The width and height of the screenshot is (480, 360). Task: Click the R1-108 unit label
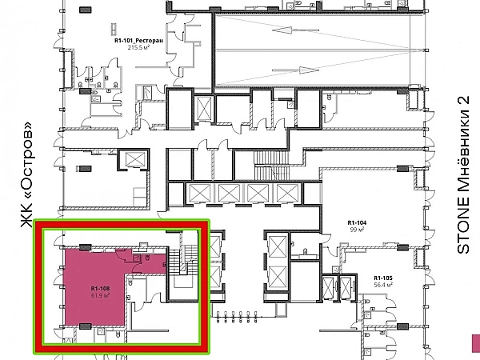pyautogui.click(x=101, y=288)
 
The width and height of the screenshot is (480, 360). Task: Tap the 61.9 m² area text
pyautogui.click(x=101, y=295)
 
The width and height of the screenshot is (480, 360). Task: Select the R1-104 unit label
pyautogui.click(x=357, y=223)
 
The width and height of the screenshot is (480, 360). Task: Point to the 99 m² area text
pyautogui.click(x=357, y=230)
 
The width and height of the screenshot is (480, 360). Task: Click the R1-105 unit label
pyautogui.click(x=383, y=278)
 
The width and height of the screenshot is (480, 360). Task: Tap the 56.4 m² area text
pyautogui.click(x=383, y=285)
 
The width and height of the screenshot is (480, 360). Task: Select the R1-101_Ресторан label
pyautogui.click(x=138, y=41)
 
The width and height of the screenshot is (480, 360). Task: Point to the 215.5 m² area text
pyautogui.click(x=138, y=47)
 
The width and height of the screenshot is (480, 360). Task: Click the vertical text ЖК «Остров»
pyautogui.click(x=26, y=174)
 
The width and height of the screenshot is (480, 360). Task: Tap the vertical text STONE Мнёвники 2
pyautogui.click(x=463, y=175)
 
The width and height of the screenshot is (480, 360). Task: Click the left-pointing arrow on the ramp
pyautogui.click(x=295, y=30)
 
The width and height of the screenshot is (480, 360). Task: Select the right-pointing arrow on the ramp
pyautogui.click(x=295, y=70)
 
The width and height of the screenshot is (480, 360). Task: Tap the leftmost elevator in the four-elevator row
pyautogui.click(x=200, y=193)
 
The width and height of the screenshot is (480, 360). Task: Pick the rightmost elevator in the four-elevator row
pyautogui.click(x=287, y=193)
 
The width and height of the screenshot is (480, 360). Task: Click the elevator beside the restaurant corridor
pyautogui.click(x=135, y=159)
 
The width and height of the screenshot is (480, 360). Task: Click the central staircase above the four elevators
pyautogui.click(x=271, y=166)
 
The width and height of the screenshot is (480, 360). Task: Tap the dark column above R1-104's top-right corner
pyautogui.click(x=403, y=168)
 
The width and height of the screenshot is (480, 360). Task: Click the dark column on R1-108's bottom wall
pyautogui.click(x=86, y=326)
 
